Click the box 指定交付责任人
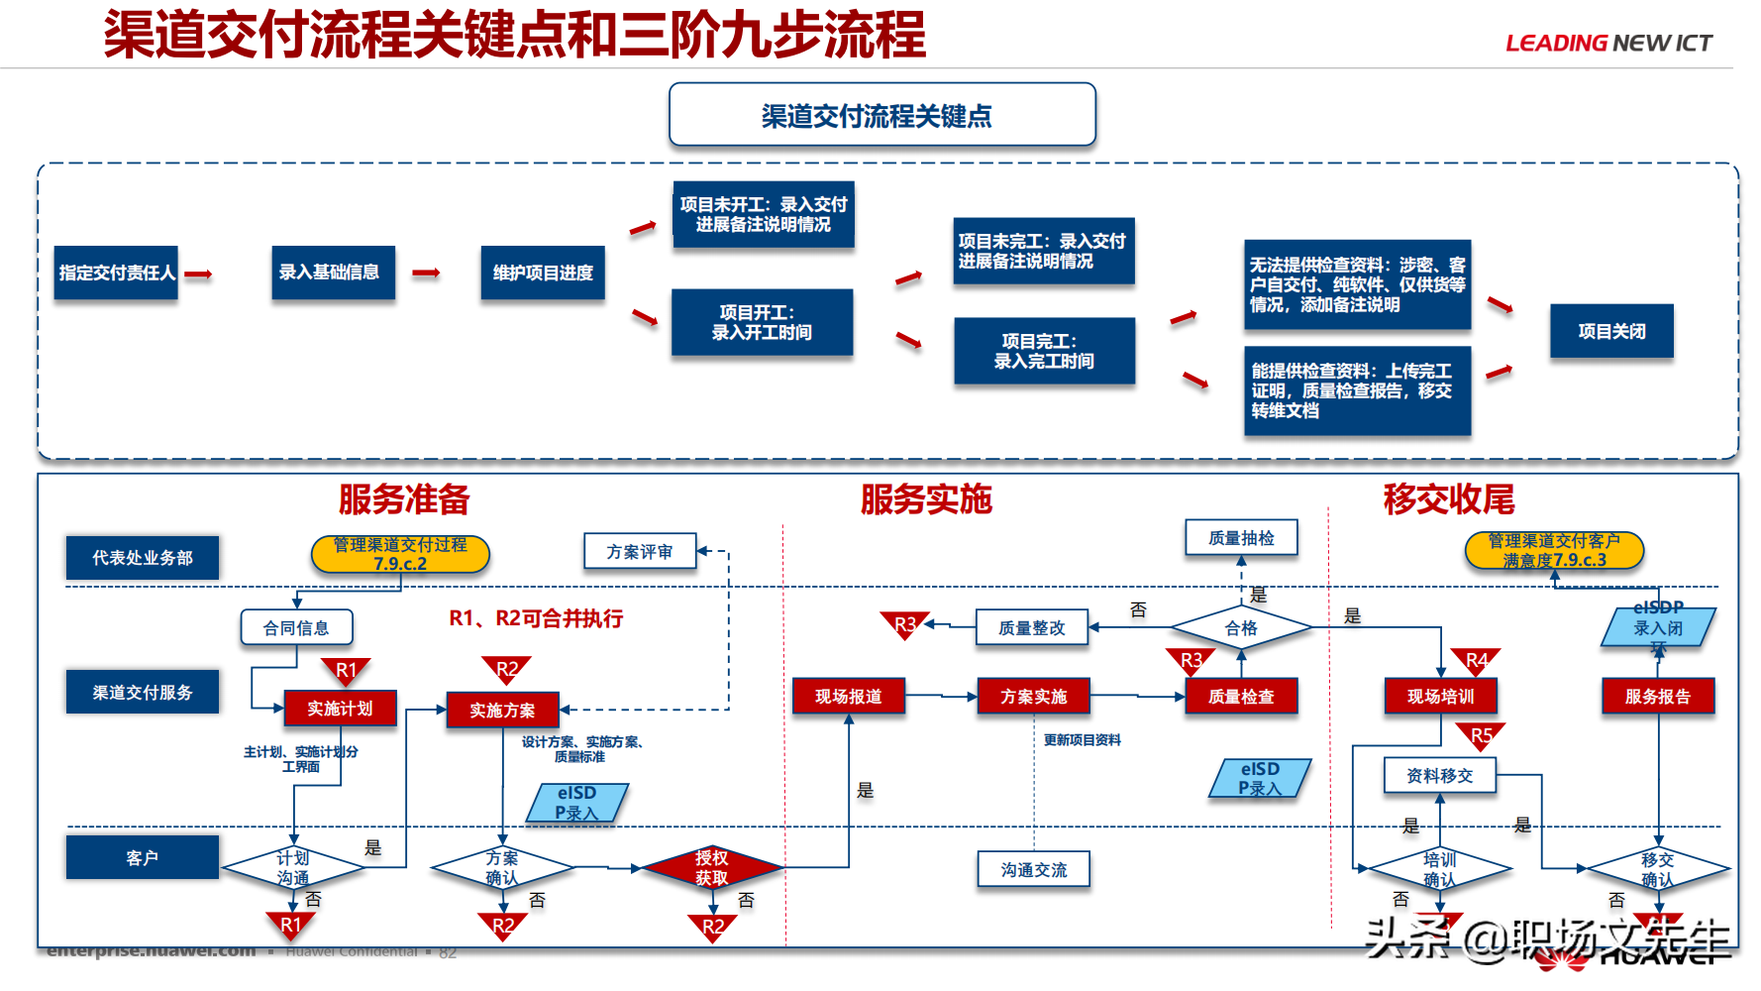(116, 273)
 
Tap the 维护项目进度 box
(542, 273)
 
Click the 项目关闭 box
(1610, 331)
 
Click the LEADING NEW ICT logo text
(1607, 44)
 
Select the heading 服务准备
(403, 499)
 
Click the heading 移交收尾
(1448, 499)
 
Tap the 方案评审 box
(639, 552)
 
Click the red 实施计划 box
(340, 709)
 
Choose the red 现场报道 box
(848, 697)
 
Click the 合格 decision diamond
(1240, 628)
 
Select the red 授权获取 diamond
(711, 868)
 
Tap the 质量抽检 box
(1240, 538)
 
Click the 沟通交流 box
(1033, 870)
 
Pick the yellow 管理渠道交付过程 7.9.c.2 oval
(400, 554)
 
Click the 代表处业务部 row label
(142, 558)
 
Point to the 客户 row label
(142, 857)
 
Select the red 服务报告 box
(1657, 697)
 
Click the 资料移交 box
(1439, 776)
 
